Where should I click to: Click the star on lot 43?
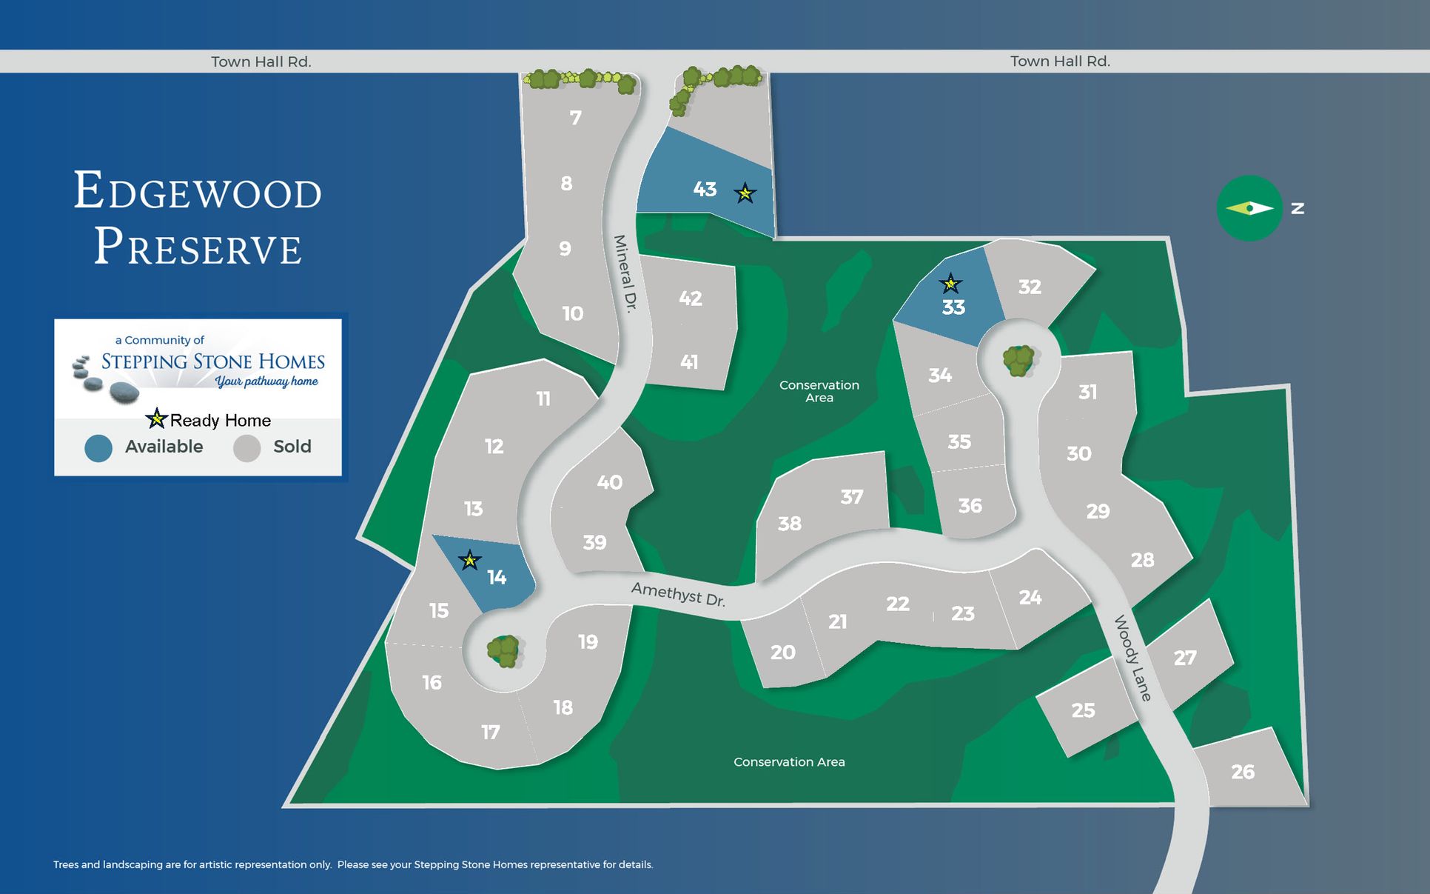[745, 193]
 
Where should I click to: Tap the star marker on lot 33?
[950, 283]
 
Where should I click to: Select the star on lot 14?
[469, 561]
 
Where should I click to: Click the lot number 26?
[1243, 772]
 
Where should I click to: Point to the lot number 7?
[575, 118]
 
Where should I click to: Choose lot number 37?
[852, 496]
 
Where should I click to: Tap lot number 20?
[782, 653]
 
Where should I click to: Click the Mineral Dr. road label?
[625, 273]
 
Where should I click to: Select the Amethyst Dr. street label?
[678, 594]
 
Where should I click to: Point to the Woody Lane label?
[1133, 658]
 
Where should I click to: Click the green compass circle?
[1249, 208]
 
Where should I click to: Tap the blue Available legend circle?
[98, 447]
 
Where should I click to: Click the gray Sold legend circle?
[246, 447]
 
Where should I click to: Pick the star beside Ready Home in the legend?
[156, 418]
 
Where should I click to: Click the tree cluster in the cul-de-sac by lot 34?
[1018, 361]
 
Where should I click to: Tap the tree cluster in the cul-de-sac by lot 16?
[504, 651]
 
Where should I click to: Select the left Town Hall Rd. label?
[261, 61]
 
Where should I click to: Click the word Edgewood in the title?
[198, 192]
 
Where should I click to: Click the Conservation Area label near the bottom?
[789, 762]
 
